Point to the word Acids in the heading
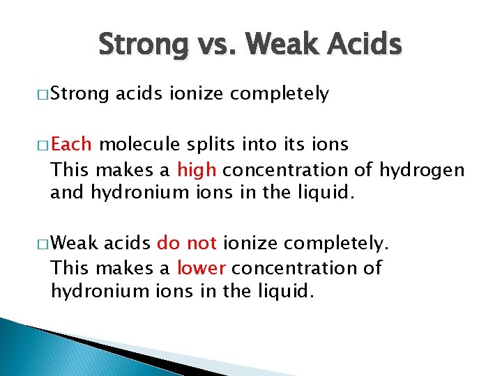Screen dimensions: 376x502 (x=366, y=45)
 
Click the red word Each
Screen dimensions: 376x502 (x=72, y=145)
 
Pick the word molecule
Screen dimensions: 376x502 (x=139, y=145)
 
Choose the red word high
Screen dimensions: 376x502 (x=197, y=169)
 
